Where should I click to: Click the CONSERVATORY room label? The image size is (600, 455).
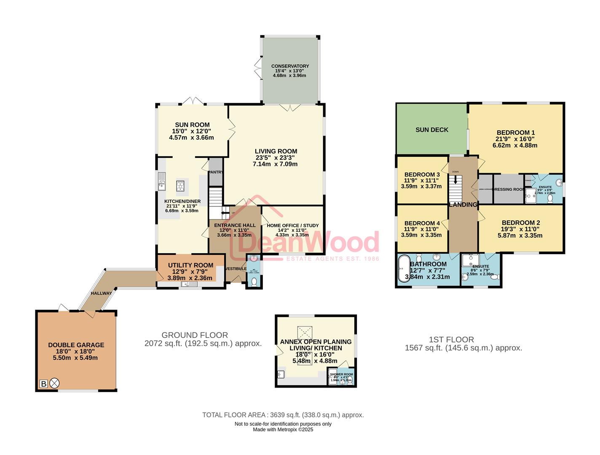290,66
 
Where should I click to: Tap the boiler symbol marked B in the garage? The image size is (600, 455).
43,384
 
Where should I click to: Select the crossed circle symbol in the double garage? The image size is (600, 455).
55,384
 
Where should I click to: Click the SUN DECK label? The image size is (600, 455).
432,130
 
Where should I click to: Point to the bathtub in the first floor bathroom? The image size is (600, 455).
403,268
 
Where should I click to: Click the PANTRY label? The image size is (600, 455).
216,172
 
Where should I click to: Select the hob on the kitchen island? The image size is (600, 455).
180,185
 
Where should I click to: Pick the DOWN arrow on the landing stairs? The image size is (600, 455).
455,179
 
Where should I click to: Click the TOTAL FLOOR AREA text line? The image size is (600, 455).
283,415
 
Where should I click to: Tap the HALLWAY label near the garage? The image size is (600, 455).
101,293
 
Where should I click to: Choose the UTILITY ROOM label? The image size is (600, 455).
190,265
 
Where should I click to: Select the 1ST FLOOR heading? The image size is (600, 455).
451,340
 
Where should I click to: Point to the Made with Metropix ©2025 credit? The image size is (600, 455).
283,430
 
